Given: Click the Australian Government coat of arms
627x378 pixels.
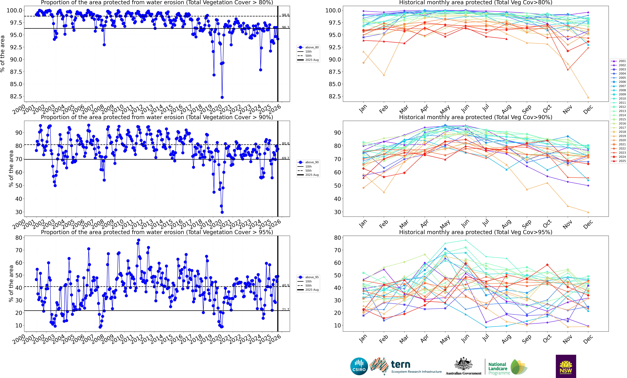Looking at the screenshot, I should tap(463, 364).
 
